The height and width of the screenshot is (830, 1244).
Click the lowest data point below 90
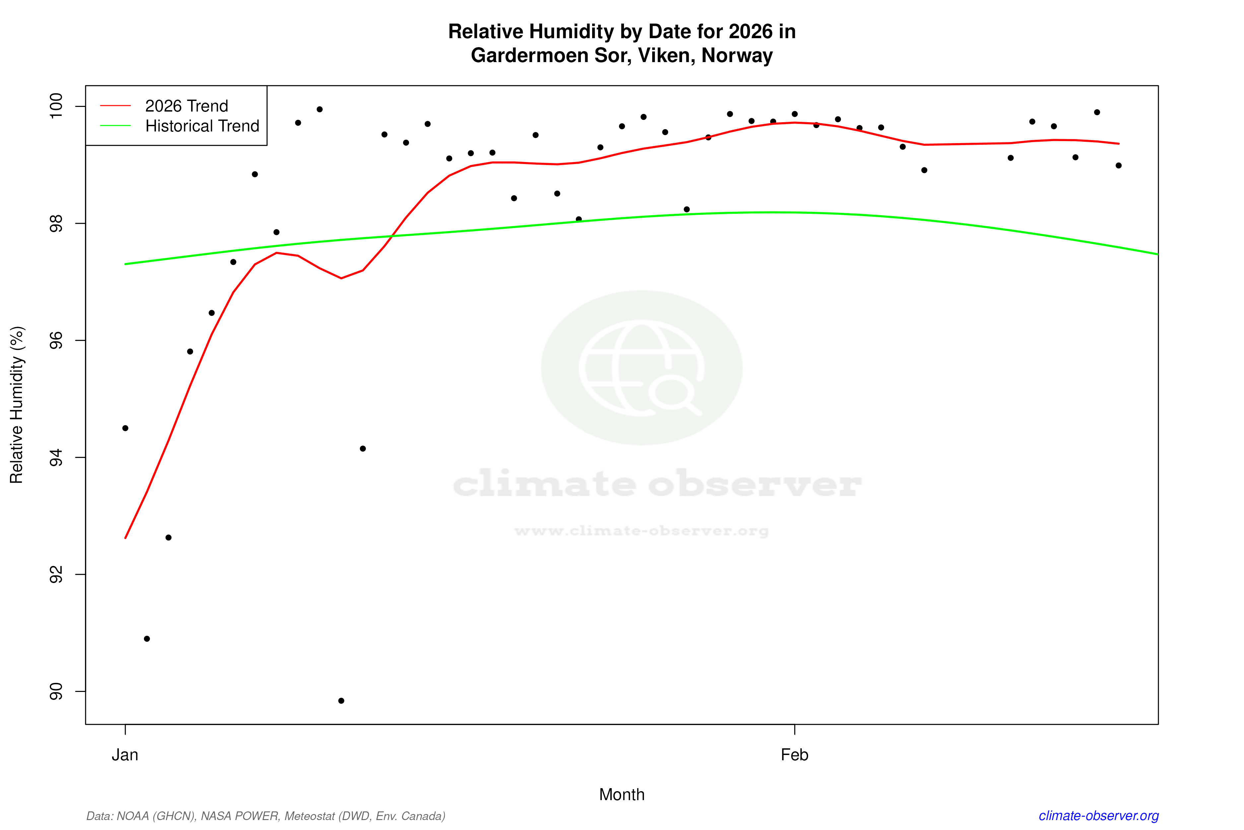(x=341, y=701)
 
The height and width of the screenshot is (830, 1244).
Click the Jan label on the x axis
(x=125, y=755)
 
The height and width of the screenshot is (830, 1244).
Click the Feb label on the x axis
(x=795, y=755)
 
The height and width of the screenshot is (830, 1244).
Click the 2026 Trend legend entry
(x=186, y=106)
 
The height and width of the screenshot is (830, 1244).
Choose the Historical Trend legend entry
(x=202, y=126)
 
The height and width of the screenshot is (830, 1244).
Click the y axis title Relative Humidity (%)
(x=17, y=405)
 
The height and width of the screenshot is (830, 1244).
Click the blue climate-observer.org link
(x=1099, y=816)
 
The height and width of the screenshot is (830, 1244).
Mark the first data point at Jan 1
(x=125, y=428)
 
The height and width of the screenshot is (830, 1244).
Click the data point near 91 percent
(x=147, y=639)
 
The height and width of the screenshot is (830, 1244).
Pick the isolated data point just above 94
(x=363, y=449)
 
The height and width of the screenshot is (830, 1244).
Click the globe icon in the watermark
(x=642, y=368)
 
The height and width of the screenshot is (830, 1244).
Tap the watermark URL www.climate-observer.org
(x=642, y=531)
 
